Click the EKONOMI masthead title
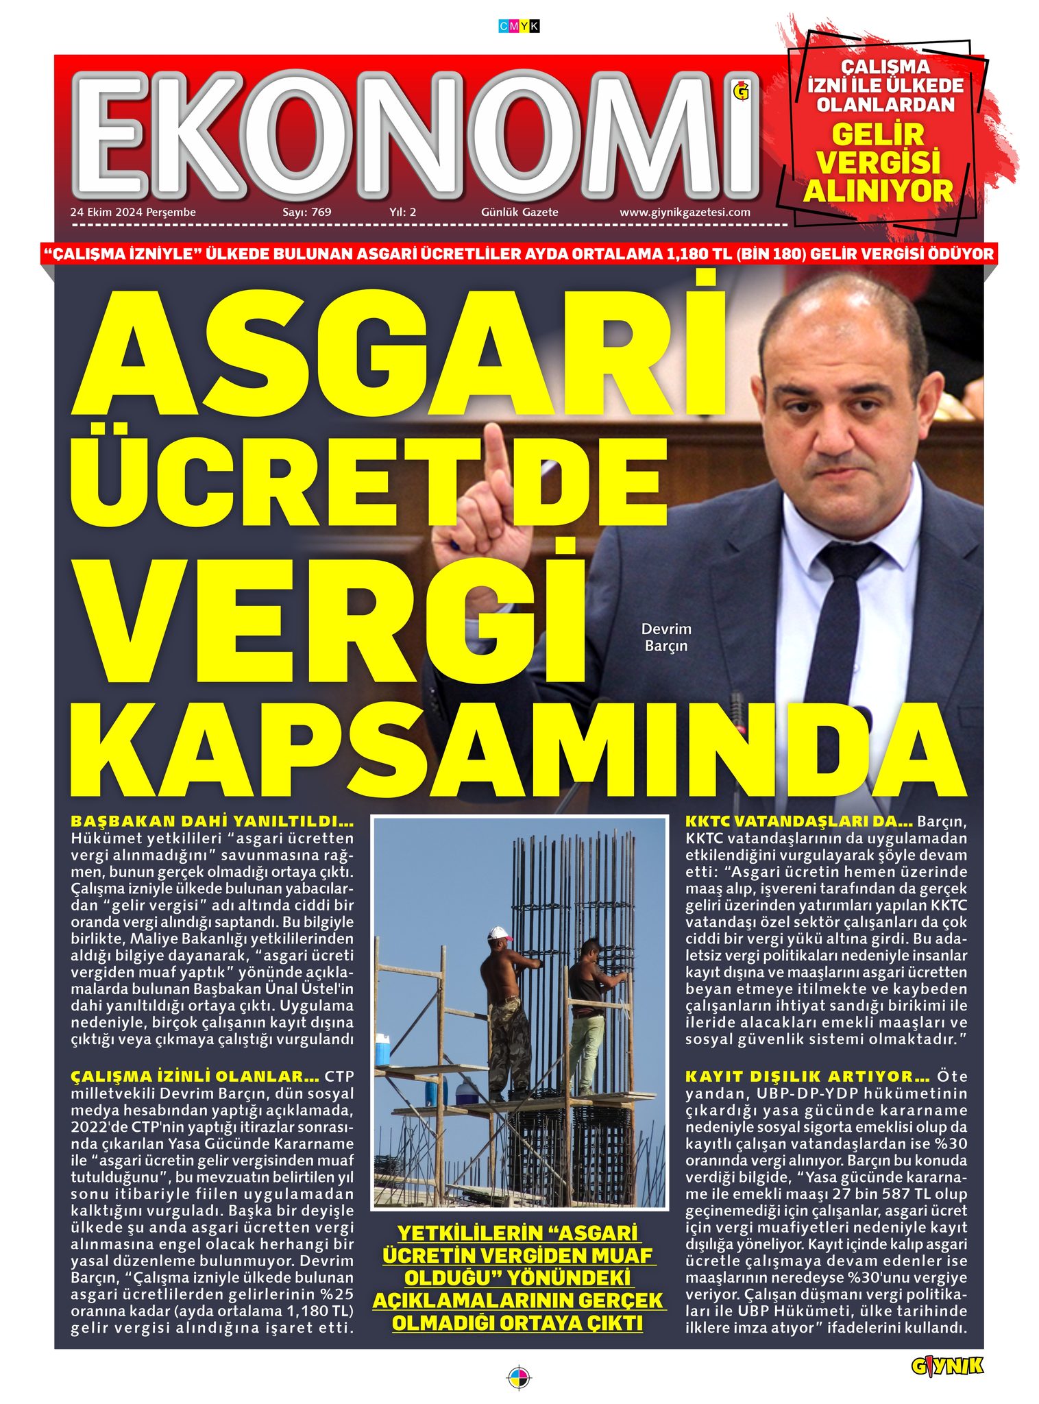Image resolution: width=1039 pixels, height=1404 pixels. coord(415,134)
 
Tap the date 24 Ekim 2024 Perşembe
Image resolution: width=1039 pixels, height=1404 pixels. coord(133,213)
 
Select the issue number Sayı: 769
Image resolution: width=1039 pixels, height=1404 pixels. coord(306,213)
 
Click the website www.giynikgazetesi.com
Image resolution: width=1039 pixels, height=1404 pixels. coord(685,213)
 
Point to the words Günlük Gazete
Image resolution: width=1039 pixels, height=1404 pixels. coord(519,213)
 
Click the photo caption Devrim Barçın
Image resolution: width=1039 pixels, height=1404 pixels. coord(665,637)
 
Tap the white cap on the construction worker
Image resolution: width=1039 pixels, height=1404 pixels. coord(500,934)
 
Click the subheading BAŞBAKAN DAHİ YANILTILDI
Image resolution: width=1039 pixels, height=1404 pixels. coord(212,821)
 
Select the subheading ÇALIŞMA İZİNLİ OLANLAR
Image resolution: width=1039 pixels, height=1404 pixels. coord(195,1076)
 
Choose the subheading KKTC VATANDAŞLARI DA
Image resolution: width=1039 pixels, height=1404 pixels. coord(798,821)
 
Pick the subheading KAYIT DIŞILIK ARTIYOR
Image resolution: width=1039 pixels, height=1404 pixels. coord(807,1076)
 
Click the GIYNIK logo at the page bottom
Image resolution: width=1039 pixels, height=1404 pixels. coord(946,1366)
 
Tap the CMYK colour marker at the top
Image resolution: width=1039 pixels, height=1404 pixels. coord(519,27)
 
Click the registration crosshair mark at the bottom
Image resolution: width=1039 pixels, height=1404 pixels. coord(519,1377)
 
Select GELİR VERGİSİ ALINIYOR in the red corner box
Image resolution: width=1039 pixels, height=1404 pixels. coord(878,162)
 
